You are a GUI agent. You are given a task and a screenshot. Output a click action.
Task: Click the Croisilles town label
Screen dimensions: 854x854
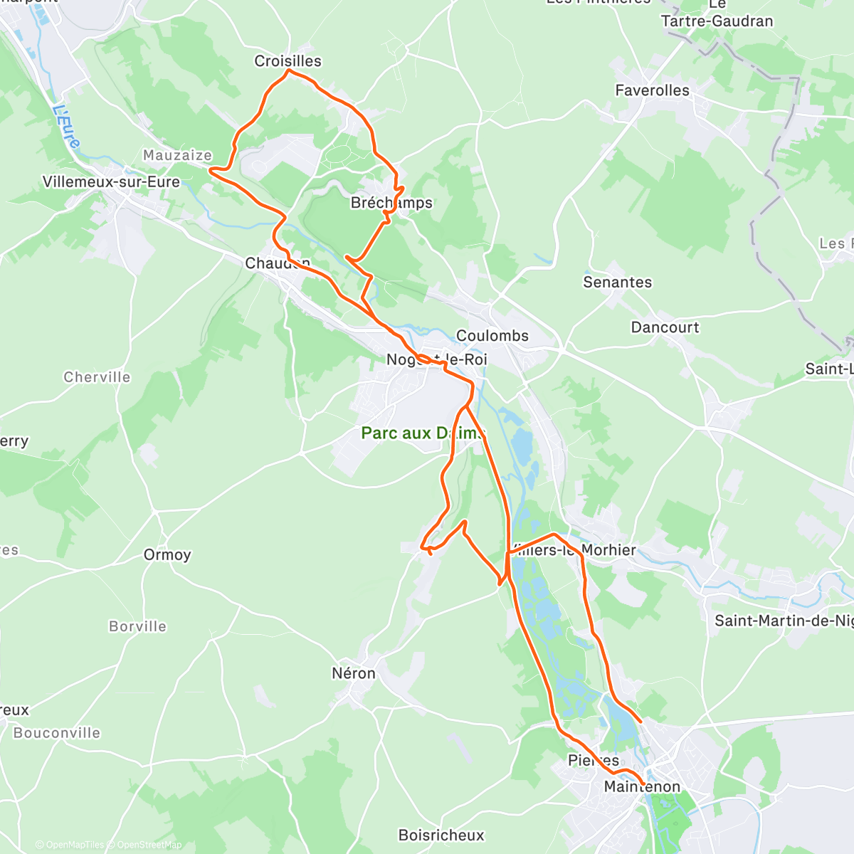tap(288, 61)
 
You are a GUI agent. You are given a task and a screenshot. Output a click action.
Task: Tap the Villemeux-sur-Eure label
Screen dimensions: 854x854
tap(111, 182)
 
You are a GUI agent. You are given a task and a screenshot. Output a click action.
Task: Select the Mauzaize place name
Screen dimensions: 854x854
tap(177, 155)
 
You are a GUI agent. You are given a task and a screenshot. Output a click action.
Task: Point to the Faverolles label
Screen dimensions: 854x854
tap(652, 90)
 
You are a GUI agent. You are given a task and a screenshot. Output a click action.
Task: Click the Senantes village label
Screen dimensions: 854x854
tap(617, 283)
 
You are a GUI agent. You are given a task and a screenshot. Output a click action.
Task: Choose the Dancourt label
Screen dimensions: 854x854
tap(665, 327)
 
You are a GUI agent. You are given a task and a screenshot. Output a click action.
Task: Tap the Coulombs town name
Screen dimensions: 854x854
tap(492, 336)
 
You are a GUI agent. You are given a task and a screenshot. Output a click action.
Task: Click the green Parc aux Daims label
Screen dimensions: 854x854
tap(423, 433)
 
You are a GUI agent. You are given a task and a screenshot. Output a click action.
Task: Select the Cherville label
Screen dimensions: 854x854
tap(97, 377)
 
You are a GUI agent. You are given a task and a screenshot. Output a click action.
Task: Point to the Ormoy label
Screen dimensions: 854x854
tap(167, 555)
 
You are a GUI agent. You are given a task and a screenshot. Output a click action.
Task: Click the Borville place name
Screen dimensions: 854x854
tap(137, 627)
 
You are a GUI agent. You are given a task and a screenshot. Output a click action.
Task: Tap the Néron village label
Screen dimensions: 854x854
tap(354, 673)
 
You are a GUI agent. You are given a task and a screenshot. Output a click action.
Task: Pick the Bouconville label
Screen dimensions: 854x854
tap(57, 733)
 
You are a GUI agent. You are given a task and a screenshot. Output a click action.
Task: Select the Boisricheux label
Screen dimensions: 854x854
tap(441, 835)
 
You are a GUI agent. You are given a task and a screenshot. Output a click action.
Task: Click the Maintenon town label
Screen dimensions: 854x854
tap(642, 787)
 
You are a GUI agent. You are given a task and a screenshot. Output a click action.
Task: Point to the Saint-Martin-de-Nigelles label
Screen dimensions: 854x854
tap(783, 621)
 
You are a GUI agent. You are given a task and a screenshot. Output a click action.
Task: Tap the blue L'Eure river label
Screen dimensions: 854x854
tap(66, 127)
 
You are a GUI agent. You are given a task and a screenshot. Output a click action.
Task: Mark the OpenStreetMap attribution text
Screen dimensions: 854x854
tap(149, 845)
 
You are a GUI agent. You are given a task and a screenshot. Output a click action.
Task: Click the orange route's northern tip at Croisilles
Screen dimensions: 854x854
tap(288, 70)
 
